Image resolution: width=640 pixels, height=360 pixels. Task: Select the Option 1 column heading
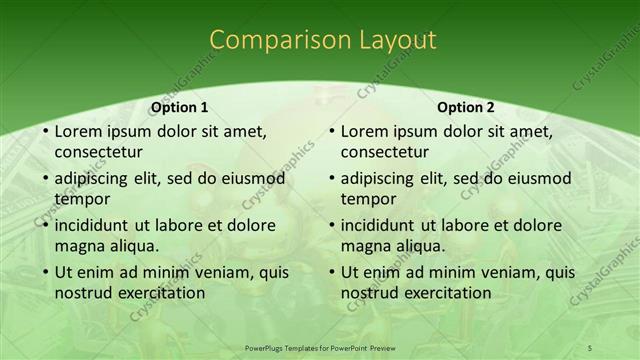click(x=180, y=107)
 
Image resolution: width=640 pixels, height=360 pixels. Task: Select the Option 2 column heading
click(x=466, y=107)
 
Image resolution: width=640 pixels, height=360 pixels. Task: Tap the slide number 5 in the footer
click(x=590, y=347)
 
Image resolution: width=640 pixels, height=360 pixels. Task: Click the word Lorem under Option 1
click(x=78, y=131)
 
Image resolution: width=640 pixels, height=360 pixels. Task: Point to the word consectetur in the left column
click(x=98, y=152)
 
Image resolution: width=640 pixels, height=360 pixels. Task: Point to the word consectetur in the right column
click(x=385, y=152)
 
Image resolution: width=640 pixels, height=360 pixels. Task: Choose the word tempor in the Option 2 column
click(x=369, y=199)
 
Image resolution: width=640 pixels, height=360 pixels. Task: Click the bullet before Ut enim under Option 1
click(x=45, y=272)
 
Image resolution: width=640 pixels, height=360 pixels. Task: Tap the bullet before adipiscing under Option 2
click(x=331, y=179)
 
